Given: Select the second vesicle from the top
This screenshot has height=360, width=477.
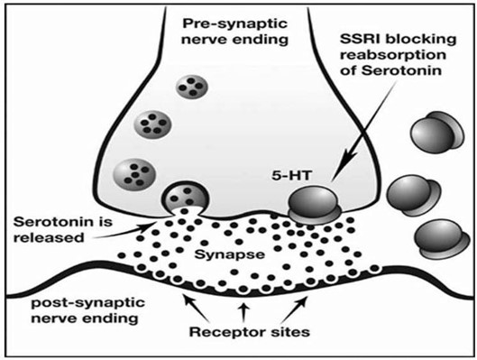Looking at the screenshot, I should click(x=149, y=124).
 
